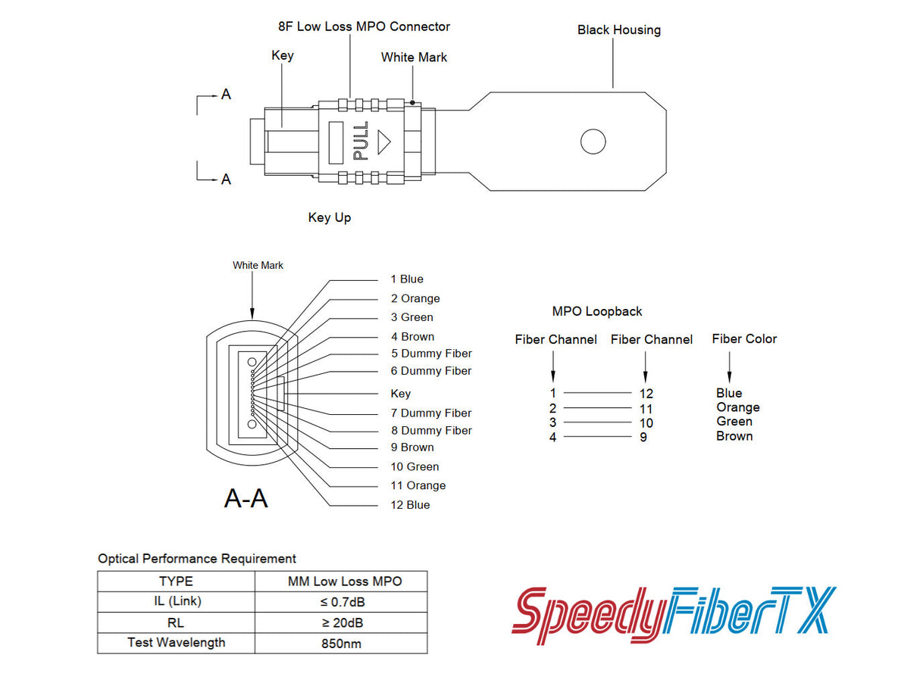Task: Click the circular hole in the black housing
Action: (x=593, y=142)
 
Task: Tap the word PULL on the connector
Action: (x=361, y=141)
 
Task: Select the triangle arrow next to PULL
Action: (x=384, y=141)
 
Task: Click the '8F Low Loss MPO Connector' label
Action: (x=364, y=26)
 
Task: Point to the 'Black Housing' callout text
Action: (x=618, y=30)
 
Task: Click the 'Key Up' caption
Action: (x=329, y=218)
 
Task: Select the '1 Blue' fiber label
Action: (x=407, y=279)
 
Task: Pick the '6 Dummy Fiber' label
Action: (x=430, y=371)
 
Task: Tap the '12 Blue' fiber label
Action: (x=410, y=505)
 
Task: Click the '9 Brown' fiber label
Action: (x=412, y=447)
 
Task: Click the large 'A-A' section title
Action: (x=246, y=498)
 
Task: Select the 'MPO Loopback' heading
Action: (x=596, y=311)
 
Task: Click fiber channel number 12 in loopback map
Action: (x=646, y=394)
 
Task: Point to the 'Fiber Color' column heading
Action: (x=744, y=339)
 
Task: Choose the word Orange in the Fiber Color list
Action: (x=737, y=407)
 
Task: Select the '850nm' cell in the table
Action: (x=342, y=644)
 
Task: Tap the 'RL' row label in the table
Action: (x=176, y=623)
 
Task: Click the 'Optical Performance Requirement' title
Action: (x=197, y=559)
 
